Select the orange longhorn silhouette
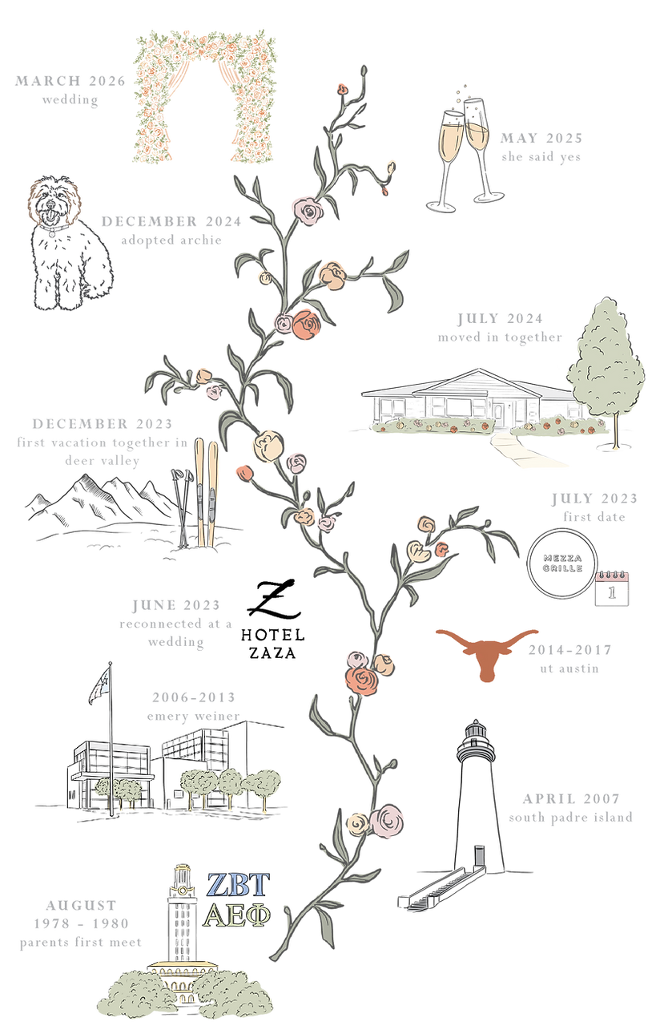pos(486,653)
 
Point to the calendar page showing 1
pos(612,588)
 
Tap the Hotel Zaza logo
pos(273,619)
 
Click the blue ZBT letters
pos(238,884)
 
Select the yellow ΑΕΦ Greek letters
pos(237,915)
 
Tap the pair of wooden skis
pos(207,492)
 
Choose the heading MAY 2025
pos(541,138)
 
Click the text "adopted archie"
pos(171,240)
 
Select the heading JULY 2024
pos(500,318)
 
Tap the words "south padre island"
pos(570,817)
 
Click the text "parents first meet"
pos(81,942)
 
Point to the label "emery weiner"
pos(193,716)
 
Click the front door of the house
pos(498,414)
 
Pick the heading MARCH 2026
pos(70,81)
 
